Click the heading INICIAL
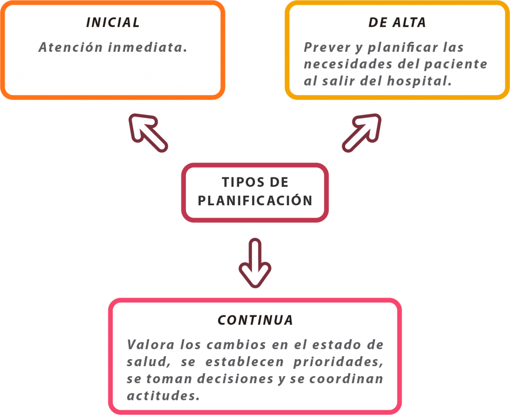pyautogui.click(x=113, y=22)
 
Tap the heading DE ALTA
pyautogui.click(x=397, y=22)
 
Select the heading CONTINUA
pyautogui.click(x=255, y=320)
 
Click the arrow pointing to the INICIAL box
pyautogui.click(x=148, y=133)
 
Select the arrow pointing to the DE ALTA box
pyautogui.click(x=362, y=133)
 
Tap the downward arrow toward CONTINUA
pyautogui.click(x=255, y=263)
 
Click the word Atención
pyautogui.click(x=71, y=47)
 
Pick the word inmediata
pyautogui.click(x=147, y=47)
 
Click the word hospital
pyautogui.click(x=419, y=81)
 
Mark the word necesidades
pyautogui.click(x=348, y=64)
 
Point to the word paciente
pyautogui.click(x=456, y=64)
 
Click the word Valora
pyautogui.click(x=151, y=345)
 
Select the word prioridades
pyautogui.click(x=338, y=362)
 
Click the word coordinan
pyautogui.click(x=346, y=379)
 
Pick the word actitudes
pyautogui.click(x=163, y=396)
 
